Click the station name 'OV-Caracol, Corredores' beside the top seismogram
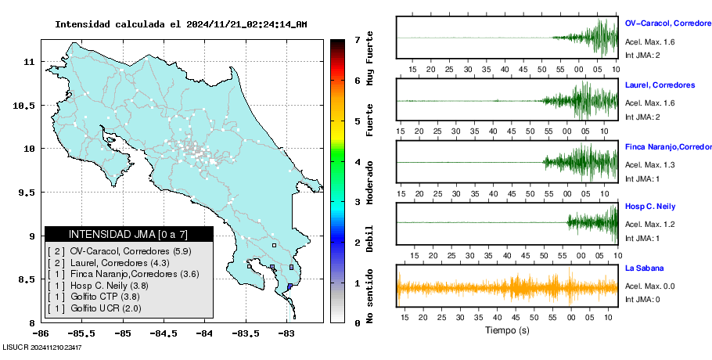click(x=668, y=23)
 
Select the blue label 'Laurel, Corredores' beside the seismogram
click(x=660, y=85)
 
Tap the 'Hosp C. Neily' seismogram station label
click(x=650, y=207)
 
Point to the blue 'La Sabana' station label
click(x=645, y=268)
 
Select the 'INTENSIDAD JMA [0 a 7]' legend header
click(x=128, y=234)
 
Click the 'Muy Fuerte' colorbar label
click(x=370, y=59)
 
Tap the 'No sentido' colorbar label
click(x=370, y=296)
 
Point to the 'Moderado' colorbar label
click(x=370, y=182)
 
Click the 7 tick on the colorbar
click(x=358, y=40)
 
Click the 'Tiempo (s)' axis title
click(x=507, y=330)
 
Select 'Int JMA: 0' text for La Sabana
click(x=642, y=299)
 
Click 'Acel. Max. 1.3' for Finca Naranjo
click(x=649, y=165)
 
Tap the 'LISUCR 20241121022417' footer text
click(x=42, y=347)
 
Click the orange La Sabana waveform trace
click(x=507, y=288)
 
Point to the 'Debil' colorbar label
click(x=370, y=239)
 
